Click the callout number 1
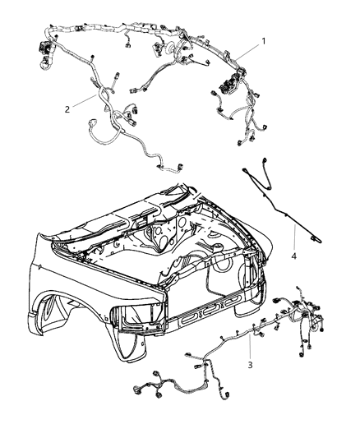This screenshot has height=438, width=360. pos(263,40)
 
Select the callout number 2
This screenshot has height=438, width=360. pos(67,108)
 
